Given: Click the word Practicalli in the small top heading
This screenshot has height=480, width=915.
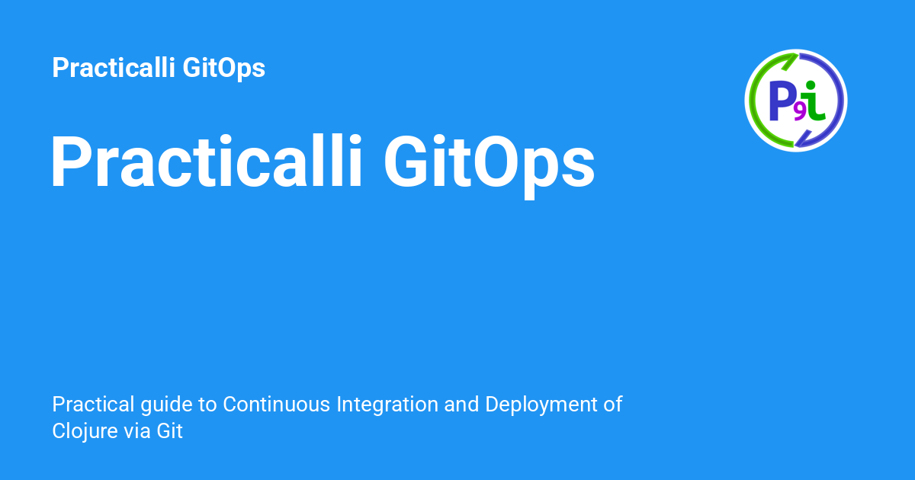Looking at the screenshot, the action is [114, 67].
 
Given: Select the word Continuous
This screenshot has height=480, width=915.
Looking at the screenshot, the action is [276, 404].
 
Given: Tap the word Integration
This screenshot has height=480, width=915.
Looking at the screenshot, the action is [387, 405].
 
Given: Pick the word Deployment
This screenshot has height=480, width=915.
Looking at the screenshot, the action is [541, 405].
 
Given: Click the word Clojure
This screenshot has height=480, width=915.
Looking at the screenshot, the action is [85, 431].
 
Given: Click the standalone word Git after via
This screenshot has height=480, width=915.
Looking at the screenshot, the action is [169, 430].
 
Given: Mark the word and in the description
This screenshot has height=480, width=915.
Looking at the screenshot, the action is [461, 404].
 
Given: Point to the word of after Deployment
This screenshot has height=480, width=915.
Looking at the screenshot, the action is [613, 404].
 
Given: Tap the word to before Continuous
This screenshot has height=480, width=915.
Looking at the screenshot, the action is [207, 405].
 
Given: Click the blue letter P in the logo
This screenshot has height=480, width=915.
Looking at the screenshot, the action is [782, 101].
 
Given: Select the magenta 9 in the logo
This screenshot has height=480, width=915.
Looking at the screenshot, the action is [800, 113].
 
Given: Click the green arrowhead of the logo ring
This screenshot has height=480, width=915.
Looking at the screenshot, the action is [790, 61].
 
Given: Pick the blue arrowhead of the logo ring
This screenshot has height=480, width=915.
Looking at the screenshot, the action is [803, 139].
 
